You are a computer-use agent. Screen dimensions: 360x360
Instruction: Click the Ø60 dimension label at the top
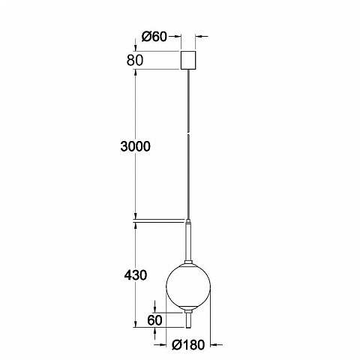[x=154, y=37]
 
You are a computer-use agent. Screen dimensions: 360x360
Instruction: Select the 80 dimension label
[x=135, y=60]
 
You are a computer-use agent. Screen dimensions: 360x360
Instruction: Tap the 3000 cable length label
[x=136, y=146]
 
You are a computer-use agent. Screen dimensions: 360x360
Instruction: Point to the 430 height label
[x=136, y=275]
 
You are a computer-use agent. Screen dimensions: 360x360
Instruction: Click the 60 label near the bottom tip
[x=155, y=320]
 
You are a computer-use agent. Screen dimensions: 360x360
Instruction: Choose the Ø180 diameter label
[x=188, y=345]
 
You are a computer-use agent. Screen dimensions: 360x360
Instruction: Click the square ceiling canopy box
[x=188, y=60]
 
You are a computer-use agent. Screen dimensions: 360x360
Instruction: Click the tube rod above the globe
[x=188, y=242]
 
